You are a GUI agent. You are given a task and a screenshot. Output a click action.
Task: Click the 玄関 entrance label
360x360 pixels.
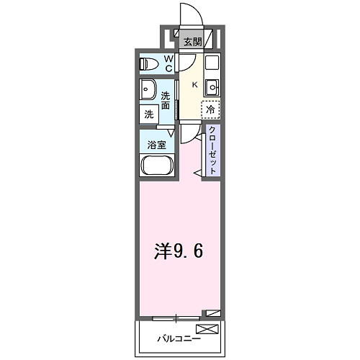[x=192, y=41]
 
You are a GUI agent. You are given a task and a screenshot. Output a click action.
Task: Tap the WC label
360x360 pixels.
[x=168, y=63]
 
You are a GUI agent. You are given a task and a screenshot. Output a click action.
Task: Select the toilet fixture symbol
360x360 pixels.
[x=148, y=64]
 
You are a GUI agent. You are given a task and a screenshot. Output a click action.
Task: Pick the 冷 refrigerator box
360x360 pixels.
[x=210, y=110]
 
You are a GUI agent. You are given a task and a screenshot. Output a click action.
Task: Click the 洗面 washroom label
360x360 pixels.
[x=166, y=101]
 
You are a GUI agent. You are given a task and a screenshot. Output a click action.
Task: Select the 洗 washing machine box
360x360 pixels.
[x=149, y=113]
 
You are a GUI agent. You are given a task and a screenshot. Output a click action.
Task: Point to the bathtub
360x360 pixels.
[x=156, y=165]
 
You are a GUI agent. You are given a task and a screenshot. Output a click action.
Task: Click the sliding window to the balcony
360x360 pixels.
[x=176, y=316]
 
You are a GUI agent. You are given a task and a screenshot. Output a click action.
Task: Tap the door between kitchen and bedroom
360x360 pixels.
[x=188, y=132]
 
